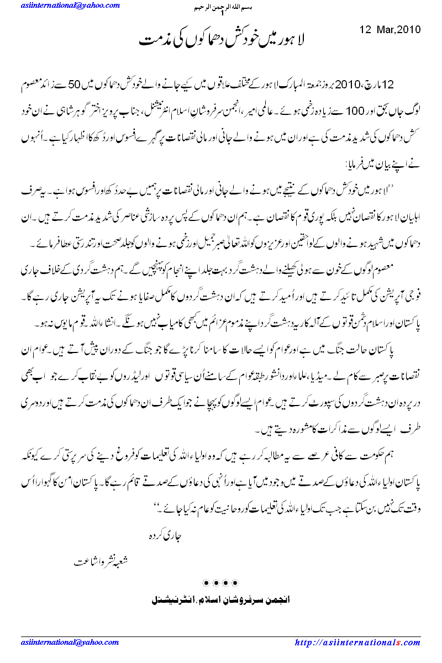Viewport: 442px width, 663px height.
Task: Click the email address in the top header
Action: tap(71, 6)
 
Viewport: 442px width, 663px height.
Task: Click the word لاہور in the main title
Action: tap(295, 40)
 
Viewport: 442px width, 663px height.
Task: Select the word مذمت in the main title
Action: tap(153, 40)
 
